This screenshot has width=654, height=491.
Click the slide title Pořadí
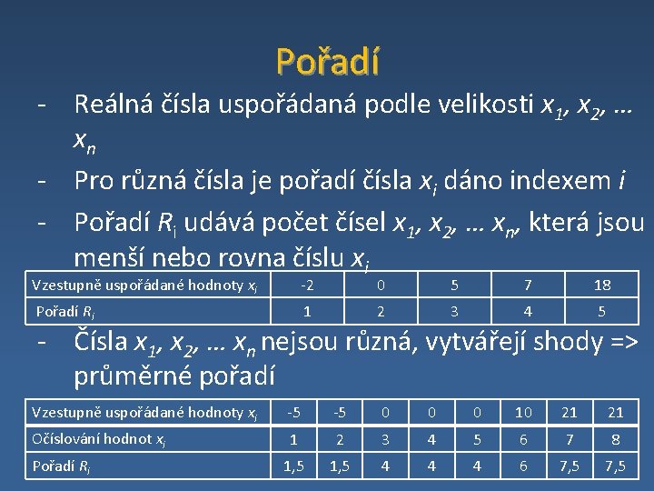click(328, 61)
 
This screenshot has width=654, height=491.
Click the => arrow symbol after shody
click(620, 343)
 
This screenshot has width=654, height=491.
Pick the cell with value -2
click(307, 286)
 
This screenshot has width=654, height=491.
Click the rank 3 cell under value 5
click(454, 312)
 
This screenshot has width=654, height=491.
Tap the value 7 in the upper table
click(528, 286)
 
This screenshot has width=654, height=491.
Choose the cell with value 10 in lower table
click(523, 413)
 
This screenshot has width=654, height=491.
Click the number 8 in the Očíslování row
click(616, 439)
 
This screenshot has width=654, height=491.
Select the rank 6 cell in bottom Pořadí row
click(523, 466)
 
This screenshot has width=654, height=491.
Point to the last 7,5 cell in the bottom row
click(616, 466)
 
